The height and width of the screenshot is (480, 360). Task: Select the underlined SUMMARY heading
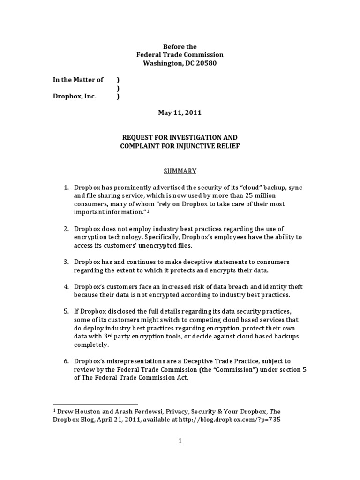coord(180,171)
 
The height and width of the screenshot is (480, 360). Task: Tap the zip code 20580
coord(206,63)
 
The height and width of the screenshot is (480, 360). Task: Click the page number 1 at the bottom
coord(180,441)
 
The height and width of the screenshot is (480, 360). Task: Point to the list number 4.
coord(66,286)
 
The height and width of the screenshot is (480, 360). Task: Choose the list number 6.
coord(66,361)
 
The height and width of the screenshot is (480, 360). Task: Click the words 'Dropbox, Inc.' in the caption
coord(75,97)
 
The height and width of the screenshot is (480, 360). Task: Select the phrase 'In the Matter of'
coord(78,80)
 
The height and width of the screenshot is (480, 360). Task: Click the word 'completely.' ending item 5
coord(91,345)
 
